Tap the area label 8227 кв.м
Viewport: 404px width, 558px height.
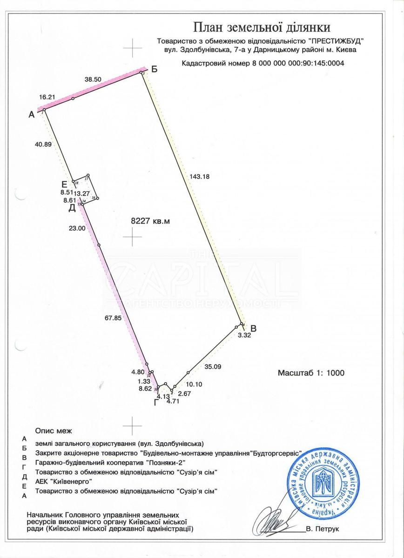click(x=151, y=222)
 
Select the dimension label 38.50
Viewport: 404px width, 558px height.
click(x=93, y=80)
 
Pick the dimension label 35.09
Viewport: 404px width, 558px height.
click(x=213, y=366)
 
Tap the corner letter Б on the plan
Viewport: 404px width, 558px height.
click(x=155, y=70)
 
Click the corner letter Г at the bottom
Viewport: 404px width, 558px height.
click(x=157, y=402)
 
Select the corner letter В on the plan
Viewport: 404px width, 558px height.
click(x=253, y=327)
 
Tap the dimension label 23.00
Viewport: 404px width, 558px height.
click(x=77, y=228)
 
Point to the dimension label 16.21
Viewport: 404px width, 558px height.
click(x=47, y=97)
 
